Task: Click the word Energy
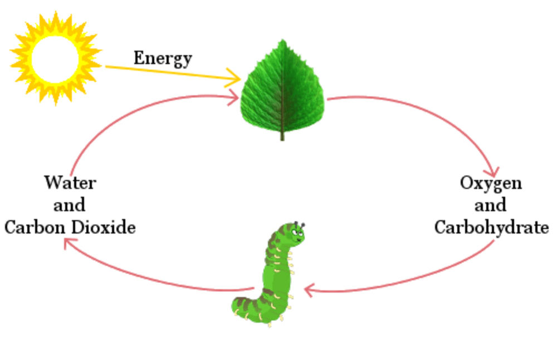[163, 59]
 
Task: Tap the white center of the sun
[56, 57]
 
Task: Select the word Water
[70, 182]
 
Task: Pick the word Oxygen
[491, 183]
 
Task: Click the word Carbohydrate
[491, 228]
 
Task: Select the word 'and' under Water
[70, 205]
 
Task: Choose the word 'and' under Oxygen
[491, 205]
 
